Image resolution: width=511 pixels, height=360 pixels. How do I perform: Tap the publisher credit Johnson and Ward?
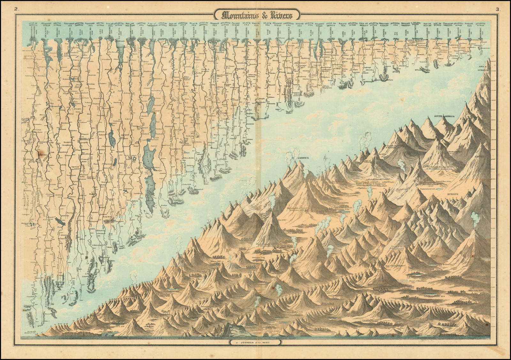pos(256,343)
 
